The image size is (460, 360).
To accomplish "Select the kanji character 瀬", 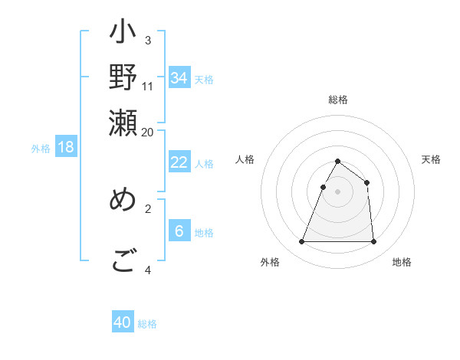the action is click(x=123, y=123).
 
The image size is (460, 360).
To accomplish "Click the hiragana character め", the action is click(x=123, y=200).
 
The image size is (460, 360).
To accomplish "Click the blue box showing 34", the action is click(x=179, y=77).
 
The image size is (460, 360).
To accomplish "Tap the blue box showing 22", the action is click(x=179, y=162).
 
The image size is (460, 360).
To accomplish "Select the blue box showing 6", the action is click(x=179, y=231).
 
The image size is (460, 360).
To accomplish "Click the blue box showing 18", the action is click(x=66, y=148).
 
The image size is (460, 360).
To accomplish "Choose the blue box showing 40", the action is click(x=123, y=322).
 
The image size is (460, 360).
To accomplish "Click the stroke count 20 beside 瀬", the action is click(x=148, y=131).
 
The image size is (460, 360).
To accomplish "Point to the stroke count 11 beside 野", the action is click(x=148, y=86).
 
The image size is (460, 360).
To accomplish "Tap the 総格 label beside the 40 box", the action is click(x=147, y=324).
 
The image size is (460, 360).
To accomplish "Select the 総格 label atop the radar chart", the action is click(x=338, y=100).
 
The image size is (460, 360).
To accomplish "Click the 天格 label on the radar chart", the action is click(x=432, y=159).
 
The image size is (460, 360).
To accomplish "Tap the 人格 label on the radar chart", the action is click(x=245, y=159).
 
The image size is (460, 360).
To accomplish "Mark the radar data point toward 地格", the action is click(x=373, y=242).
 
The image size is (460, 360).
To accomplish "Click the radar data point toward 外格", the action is click(x=301, y=242).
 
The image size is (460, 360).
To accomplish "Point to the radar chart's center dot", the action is click(x=337, y=191).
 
